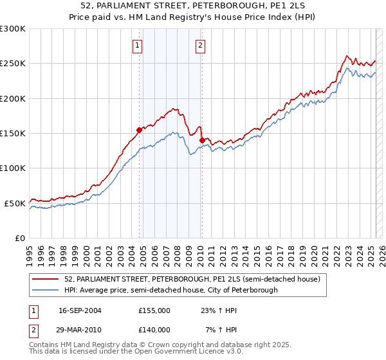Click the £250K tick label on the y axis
click(x=13, y=64)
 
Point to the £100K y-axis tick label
click(x=13, y=168)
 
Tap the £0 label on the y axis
click(x=19, y=238)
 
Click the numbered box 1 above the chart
click(x=138, y=45)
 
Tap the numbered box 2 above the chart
click(x=201, y=45)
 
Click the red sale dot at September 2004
click(x=139, y=130)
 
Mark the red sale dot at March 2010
click(x=202, y=140)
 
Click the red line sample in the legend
click(x=46, y=279)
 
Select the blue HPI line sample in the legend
click(x=46, y=290)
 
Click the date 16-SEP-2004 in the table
click(x=80, y=310)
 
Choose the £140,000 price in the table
click(x=154, y=330)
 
